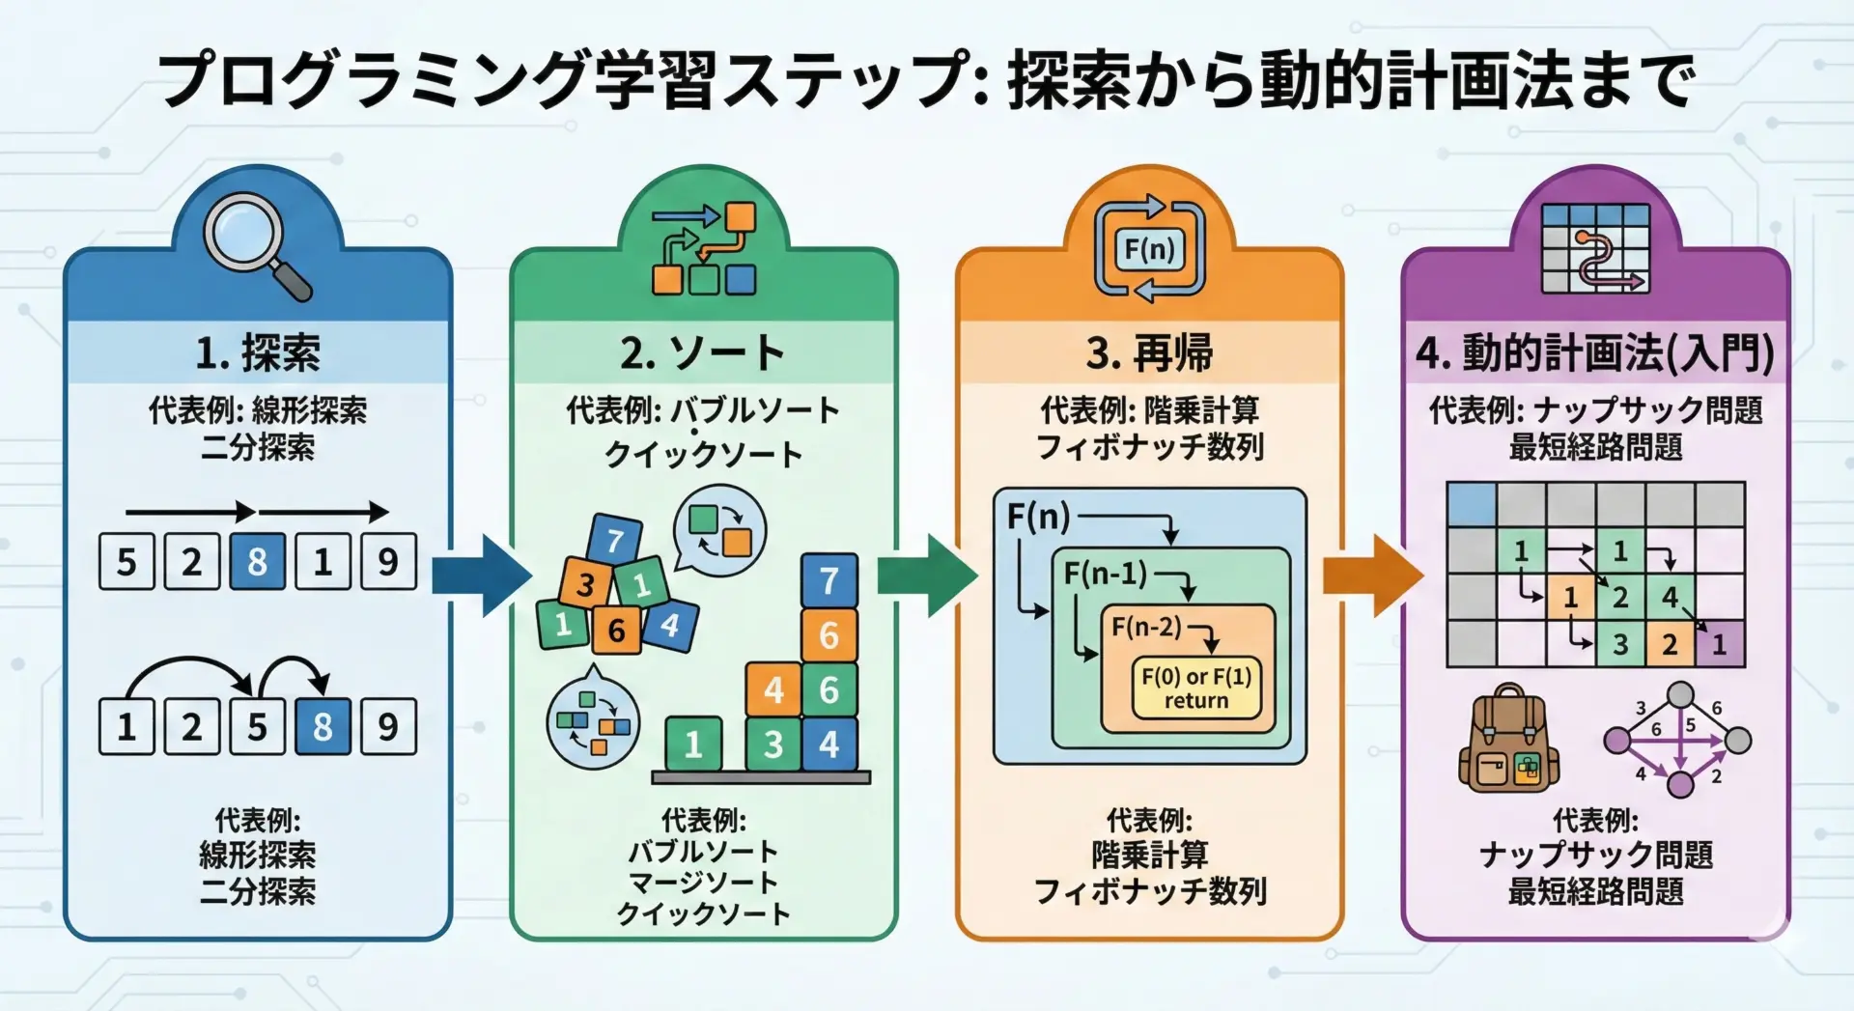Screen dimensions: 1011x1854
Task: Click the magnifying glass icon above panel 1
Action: coord(257,245)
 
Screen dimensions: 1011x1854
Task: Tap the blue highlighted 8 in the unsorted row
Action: coord(257,561)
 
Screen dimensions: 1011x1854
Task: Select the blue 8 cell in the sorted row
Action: coord(323,726)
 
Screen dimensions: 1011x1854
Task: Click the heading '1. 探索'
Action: coord(258,353)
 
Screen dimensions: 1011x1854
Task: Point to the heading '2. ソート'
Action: coord(703,353)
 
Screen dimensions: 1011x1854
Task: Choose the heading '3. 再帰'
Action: coord(1149,353)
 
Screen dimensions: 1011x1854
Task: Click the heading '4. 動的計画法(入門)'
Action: coord(1595,353)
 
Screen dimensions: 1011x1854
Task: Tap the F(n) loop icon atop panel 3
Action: coord(1149,249)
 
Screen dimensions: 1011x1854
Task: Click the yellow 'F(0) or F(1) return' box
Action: coord(1196,688)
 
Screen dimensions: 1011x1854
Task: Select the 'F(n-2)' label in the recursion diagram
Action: coord(1146,627)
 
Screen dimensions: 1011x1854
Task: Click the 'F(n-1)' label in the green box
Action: coord(1105,574)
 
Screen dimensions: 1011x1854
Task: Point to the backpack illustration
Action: coord(1508,740)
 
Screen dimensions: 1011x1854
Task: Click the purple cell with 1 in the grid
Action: coord(1720,644)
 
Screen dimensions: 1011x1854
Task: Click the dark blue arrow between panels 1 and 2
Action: coord(481,576)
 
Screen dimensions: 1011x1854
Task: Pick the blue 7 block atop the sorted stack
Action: coord(829,580)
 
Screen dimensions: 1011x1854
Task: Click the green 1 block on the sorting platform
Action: coord(693,744)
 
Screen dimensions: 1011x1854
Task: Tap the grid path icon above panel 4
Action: coord(1595,249)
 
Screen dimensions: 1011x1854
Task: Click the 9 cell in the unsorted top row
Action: coord(388,561)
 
